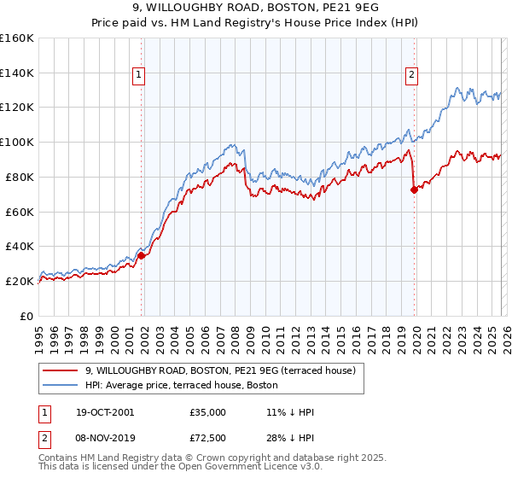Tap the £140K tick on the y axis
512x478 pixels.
point(16,73)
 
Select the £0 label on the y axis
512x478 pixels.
point(27,316)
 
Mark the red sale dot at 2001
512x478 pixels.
point(142,255)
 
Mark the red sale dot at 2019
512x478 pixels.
point(414,189)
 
